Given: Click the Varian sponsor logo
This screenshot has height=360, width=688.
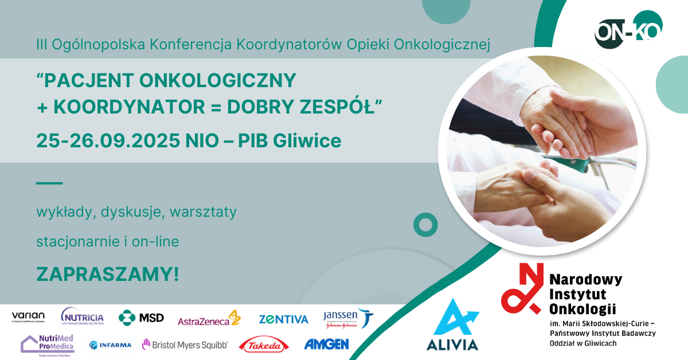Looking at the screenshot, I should [28, 318].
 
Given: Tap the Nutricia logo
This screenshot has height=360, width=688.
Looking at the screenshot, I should [83, 317].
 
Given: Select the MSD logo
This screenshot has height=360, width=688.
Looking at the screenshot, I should [141, 318].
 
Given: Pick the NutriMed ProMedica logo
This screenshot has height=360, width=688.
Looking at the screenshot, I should [47, 344].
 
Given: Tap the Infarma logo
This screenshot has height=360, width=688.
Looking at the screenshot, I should [110, 345].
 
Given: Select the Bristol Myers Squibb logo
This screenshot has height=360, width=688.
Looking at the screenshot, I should [185, 345].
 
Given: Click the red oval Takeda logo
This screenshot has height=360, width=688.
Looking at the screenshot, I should [264, 345].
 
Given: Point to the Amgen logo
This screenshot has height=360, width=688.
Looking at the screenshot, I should [326, 345].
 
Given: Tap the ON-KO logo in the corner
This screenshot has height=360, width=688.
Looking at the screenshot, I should [628, 32].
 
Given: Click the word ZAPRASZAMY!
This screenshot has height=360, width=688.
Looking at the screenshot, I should [108, 274].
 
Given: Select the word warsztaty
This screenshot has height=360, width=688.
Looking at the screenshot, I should [204, 212].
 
